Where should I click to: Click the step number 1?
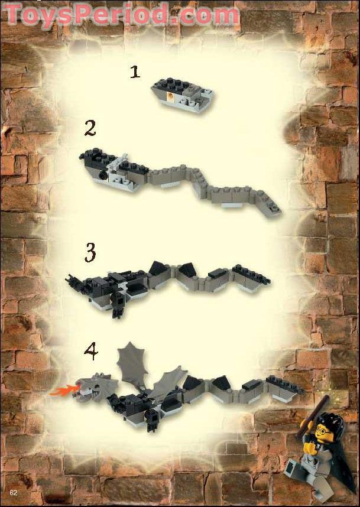click(135, 72)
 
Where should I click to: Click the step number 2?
click(90, 128)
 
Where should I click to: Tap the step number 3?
click(90, 253)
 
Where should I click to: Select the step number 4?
click(90, 352)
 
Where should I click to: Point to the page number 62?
click(13, 492)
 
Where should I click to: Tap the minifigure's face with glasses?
click(323, 435)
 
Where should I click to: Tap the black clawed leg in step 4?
click(153, 420)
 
